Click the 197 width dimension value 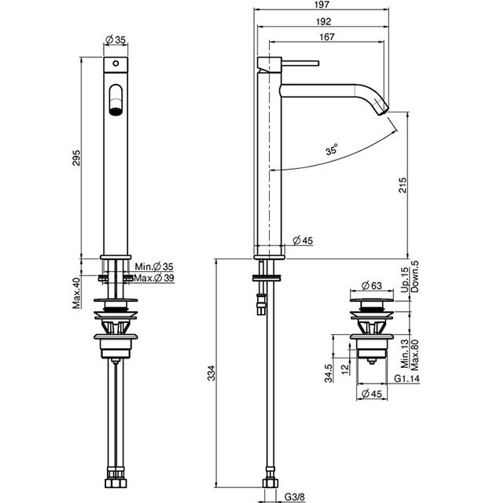click(x=322, y=4)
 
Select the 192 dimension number click(x=323, y=21)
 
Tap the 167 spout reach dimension click(x=327, y=37)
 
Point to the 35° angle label click(x=332, y=149)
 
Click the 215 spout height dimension click(x=403, y=185)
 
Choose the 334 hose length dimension click(x=211, y=373)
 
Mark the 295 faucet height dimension click(x=76, y=158)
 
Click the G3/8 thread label click(x=295, y=497)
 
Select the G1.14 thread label click(x=407, y=379)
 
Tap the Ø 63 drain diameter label click(x=372, y=285)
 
